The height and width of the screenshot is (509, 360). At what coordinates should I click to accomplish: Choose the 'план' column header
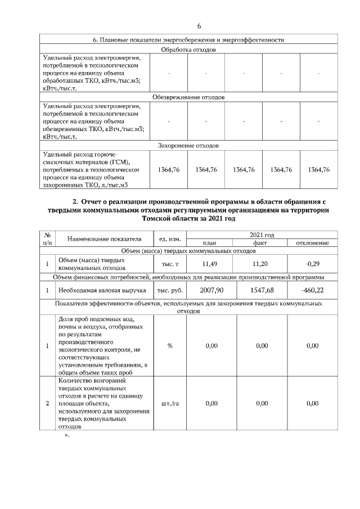coord(210,242)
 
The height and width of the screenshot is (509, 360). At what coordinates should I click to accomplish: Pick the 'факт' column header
coord(260,242)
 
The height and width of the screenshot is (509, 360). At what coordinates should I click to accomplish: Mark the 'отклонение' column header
coord(313,242)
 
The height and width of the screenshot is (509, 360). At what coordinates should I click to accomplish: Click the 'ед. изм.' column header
coord(169,239)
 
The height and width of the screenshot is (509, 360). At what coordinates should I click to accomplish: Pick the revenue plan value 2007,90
coord(210,290)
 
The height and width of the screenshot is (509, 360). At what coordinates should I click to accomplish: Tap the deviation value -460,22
coord(313,290)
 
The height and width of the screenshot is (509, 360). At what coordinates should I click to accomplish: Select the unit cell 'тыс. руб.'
coord(169,291)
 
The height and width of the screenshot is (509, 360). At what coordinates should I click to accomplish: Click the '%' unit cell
coord(169,346)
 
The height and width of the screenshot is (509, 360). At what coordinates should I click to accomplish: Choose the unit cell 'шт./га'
coord(169,403)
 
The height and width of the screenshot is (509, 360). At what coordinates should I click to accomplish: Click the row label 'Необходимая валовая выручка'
coord(102,291)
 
